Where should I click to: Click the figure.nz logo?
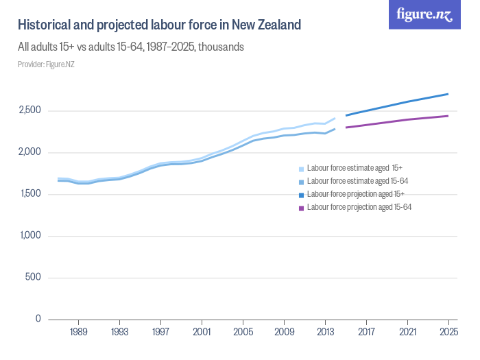tap(424, 15)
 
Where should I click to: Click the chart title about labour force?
tap(159, 25)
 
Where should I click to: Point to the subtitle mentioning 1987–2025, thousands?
tap(130, 48)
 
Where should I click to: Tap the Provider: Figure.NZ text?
tap(46, 64)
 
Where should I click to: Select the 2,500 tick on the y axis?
tap(29, 110)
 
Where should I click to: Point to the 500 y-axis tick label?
tap(33, 278)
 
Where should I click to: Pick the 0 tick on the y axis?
tap(38, 319)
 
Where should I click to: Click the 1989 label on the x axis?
tap(78, 333)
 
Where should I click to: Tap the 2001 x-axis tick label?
tap(202, 333)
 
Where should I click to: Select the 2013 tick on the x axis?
tap(325, 333)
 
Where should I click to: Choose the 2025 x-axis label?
tap(448, 333)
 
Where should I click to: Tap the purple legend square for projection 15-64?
tap(302, 207)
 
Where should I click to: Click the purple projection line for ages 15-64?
tap(398, 121)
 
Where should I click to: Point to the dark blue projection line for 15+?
tap(398, 105)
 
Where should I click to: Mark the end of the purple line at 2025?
tap(448, 116)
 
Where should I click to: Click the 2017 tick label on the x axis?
tap(366, 333)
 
